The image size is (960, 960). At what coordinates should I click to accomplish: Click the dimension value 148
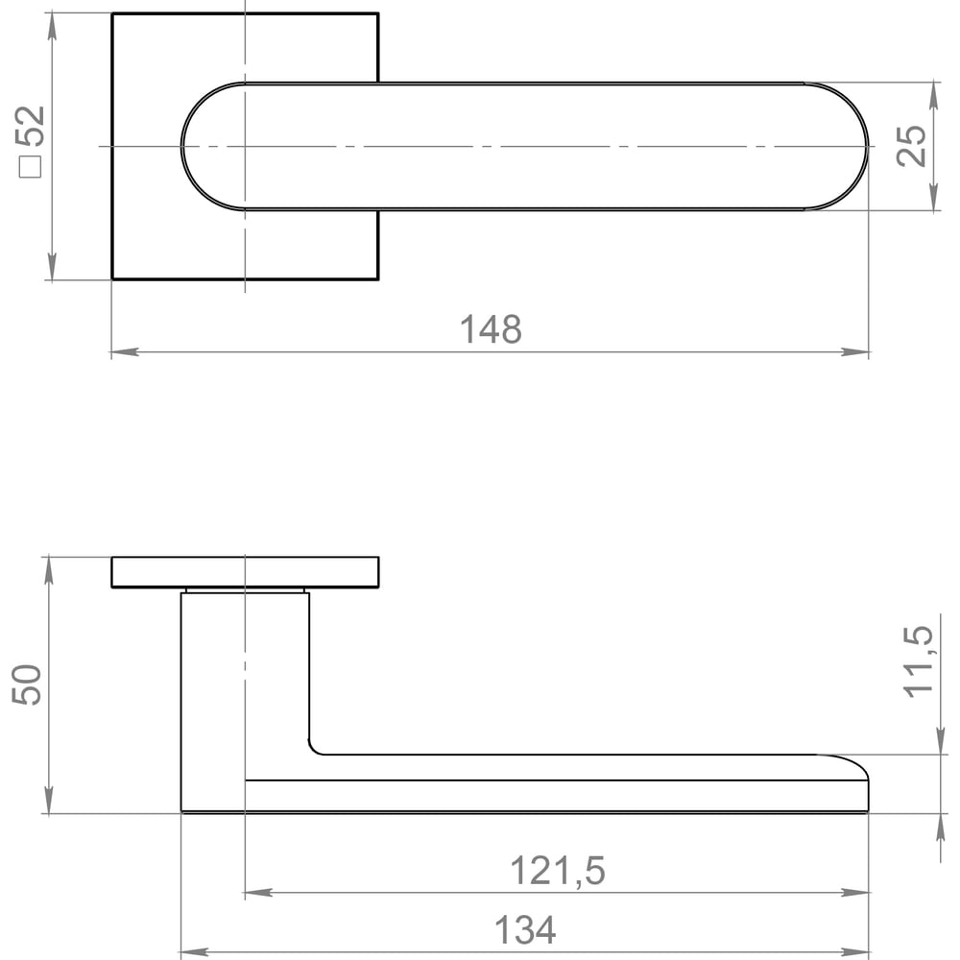tap(491, 329)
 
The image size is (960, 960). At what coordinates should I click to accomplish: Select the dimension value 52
tap(30, 126)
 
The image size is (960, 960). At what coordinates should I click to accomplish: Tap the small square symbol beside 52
tap(30, 166)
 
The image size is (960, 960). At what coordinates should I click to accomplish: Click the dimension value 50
tap(26, 684)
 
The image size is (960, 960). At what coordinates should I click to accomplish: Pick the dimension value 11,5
tap(919, 661)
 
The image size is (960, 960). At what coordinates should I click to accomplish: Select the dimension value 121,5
tap(558, 871)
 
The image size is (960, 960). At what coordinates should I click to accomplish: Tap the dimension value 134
tap(525, 930)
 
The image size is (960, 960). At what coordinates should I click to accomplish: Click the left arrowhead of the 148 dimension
tap(125, 352)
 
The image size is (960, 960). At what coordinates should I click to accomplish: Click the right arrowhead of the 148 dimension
tap(854, 352)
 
